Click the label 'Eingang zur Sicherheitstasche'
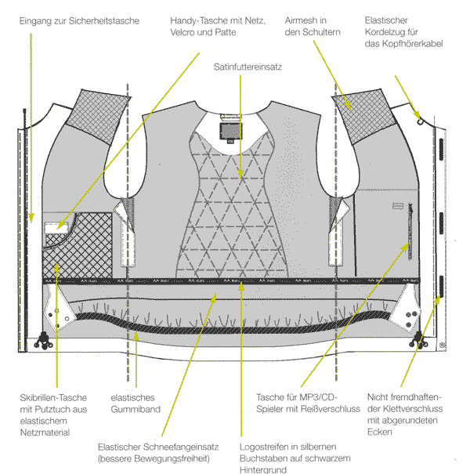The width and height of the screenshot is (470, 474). [80, 20]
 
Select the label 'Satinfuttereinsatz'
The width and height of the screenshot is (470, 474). [248, 68]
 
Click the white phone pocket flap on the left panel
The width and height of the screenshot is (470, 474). [54, 228]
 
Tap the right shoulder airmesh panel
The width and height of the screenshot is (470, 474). [367, 114]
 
